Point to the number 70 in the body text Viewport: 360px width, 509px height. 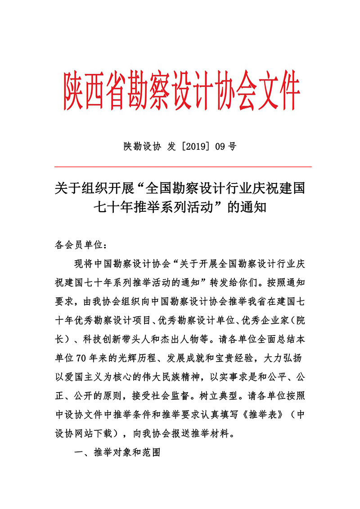[81, 359]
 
